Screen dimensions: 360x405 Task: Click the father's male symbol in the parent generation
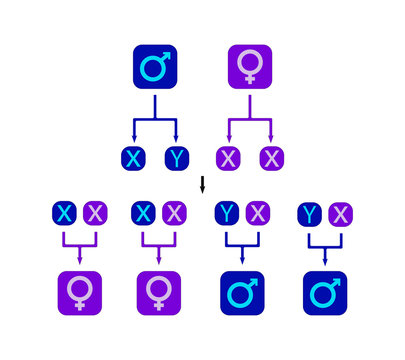coord(155,68)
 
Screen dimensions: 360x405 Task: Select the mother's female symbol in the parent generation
coord(248,68)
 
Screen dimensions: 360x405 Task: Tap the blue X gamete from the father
coord(133,158)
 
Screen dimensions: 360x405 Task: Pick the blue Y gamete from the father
coord(176,158)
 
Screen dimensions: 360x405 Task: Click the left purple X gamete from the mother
coord(228,158)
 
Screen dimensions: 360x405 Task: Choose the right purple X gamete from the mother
coord(271,158)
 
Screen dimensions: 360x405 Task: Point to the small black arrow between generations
coord(202,184)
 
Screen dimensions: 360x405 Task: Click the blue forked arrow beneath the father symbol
coord(155,119)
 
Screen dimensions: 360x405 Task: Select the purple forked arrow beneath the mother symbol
coord(249,119)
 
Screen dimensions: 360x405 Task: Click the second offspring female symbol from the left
coord(158,293)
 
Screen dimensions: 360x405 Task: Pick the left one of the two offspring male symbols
coord(241,293)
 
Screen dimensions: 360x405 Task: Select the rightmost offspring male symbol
coord(325,293)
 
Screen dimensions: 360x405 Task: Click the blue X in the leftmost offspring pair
coord(65,213)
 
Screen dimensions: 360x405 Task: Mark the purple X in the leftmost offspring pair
coord(93,213)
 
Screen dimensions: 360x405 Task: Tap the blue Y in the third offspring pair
coord(228,213)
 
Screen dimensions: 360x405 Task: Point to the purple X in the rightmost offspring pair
coord(340,213)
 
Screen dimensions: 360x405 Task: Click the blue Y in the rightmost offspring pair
coord(311,213)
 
